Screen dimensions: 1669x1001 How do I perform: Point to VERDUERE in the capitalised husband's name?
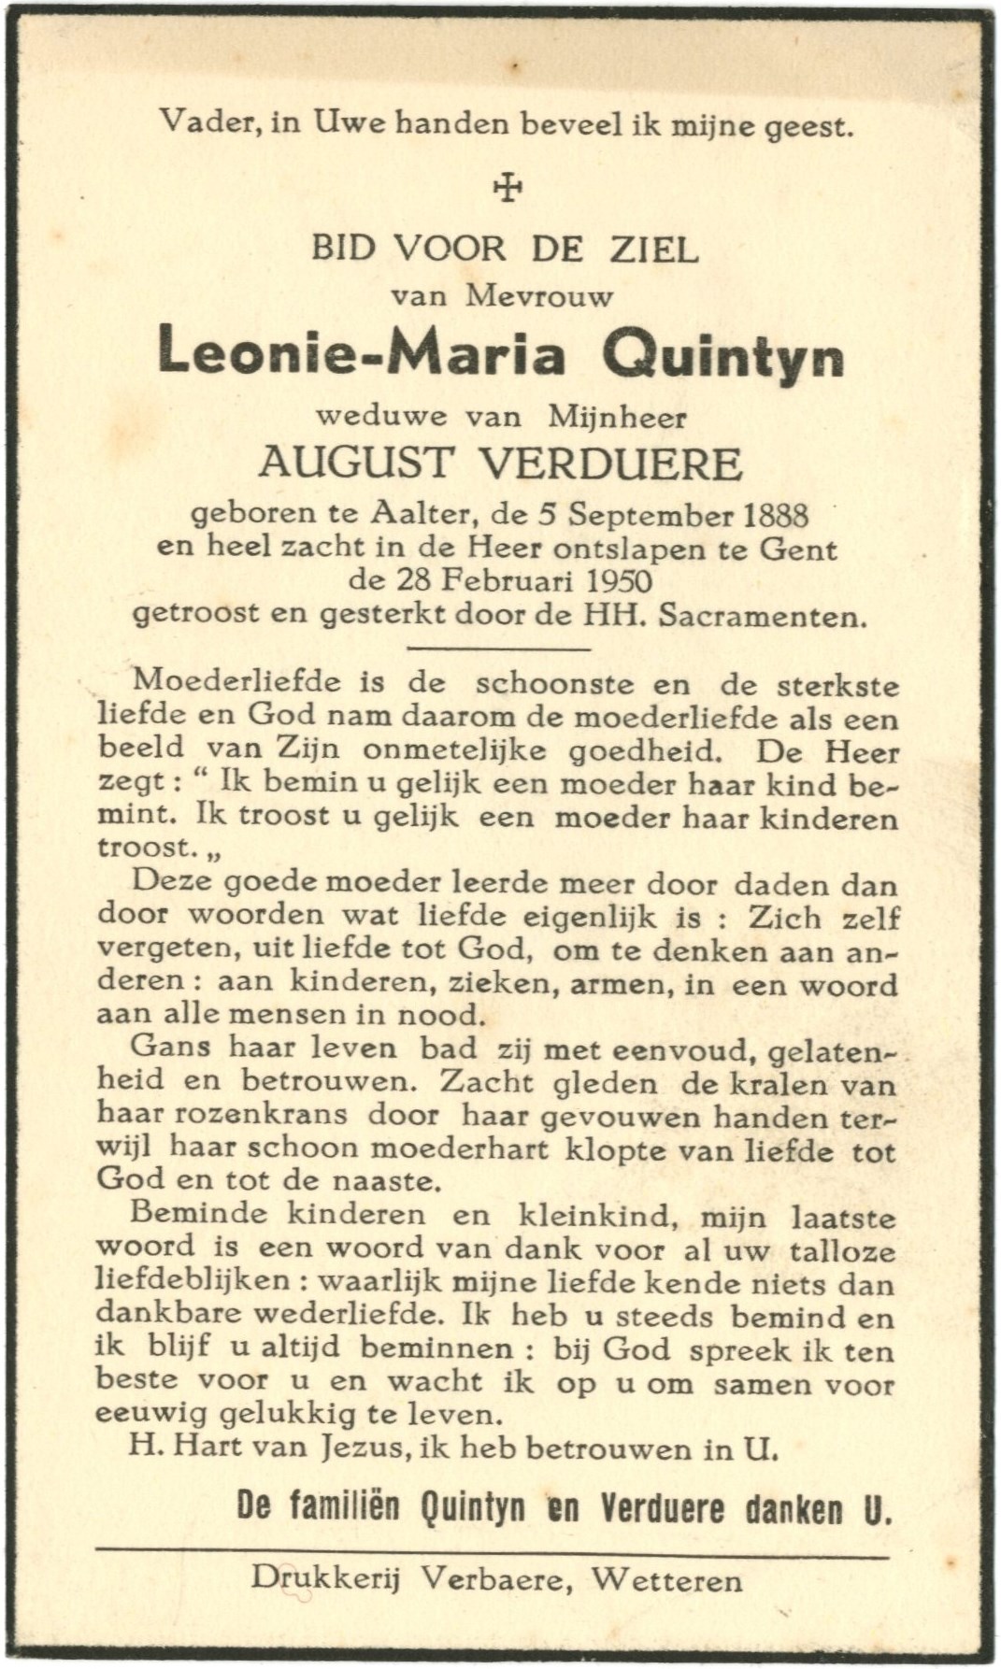[x=602, y=463]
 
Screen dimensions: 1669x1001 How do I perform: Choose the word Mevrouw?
[x=540, y=297]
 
